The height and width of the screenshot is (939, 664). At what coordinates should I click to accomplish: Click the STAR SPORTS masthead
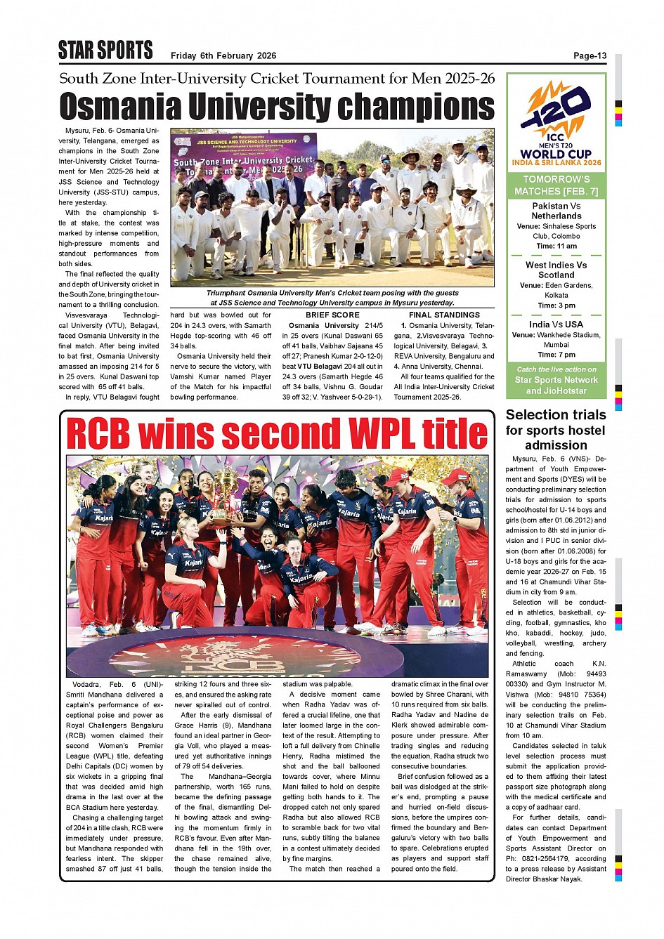pyautogui.click(x=105, y=51)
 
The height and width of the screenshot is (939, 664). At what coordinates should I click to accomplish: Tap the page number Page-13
pyautogui.click(x=590, y=56)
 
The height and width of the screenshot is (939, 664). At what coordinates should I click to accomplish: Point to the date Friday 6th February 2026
pyautogui.click(x=223, y=56)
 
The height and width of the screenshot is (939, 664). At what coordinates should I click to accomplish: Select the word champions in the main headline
pyautogui.click(x=416, y=107)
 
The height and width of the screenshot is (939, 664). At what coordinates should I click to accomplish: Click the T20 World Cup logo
pyautogui.click(x=556, y=124)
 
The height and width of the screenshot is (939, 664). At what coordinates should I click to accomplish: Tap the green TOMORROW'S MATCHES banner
pyautogui.click(x=556, y=185)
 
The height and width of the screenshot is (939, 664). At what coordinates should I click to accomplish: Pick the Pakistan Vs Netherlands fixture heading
pyautogui.click(x=556, y=211)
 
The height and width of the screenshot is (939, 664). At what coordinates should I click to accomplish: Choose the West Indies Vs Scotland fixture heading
pyautogui.click(x=556, y=270)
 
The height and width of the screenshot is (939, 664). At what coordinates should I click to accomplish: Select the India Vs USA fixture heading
pyautogui.click(x=556, y=324)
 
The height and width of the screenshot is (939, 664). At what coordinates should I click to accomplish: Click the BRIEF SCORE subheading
pyautogui.click(x=332, y=315)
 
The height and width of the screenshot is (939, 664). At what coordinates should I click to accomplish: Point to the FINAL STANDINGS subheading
pyautogui.click(x=444, y=315)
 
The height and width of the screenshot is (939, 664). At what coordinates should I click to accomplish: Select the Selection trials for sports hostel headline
pyautogui.click(x=556, y=430)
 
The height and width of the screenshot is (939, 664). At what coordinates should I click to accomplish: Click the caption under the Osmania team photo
pyautogui.click(x=332, y=298)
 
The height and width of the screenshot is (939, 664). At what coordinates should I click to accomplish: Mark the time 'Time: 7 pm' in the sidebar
pyautogui.click(x=556, y=355)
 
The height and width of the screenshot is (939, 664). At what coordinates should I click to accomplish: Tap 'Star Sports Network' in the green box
pyautogui.click(x=556, y=380)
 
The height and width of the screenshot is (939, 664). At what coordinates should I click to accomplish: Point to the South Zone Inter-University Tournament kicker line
pyautogui.click(x=277, y=79)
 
